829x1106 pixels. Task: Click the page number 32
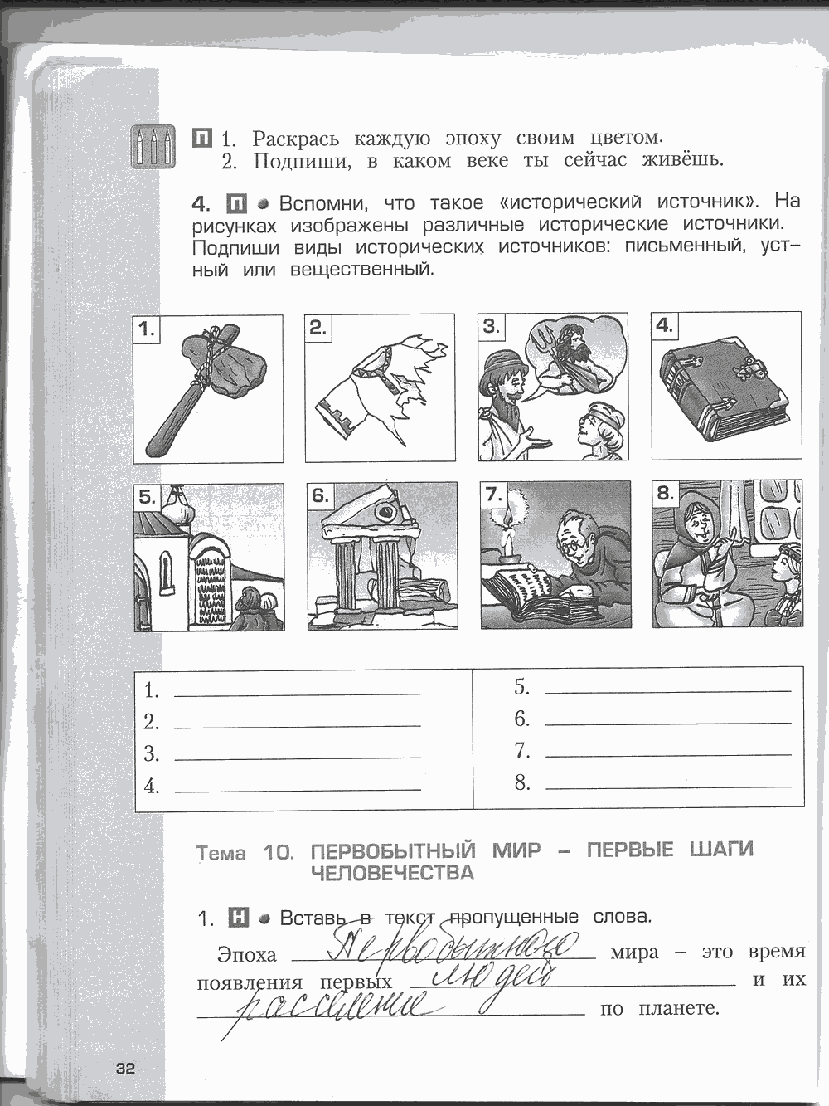click(125, 1069)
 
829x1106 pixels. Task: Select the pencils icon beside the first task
click(155, 147)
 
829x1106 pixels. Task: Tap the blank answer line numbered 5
click(667, 689)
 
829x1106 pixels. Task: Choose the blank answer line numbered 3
click(297, 757)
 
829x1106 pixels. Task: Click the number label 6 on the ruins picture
click(320, 497)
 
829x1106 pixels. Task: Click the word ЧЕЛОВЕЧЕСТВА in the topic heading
click(392, 873)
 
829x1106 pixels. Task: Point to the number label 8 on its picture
click(665, 494)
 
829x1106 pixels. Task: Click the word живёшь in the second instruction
click(682, 160)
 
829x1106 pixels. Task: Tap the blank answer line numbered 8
click(667, 784)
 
